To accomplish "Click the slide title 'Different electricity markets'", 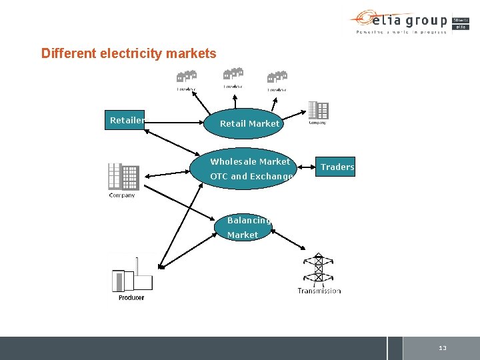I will click(129, 53).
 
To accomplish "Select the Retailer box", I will click(127, 121).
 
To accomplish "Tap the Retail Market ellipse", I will click(249, 123).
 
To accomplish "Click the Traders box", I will click(337, 167).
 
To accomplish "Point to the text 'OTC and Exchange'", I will click(251, 177).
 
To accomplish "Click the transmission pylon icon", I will click(319, 269).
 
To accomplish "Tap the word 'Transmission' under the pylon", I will click(319, 291).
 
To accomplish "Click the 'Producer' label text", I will click(131, 298).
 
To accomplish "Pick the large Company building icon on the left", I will click(123, 177).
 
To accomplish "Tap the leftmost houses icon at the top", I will click(187, 77).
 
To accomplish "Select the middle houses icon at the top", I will click(233, 76).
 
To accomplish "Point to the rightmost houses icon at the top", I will click(277, 78).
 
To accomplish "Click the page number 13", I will click(443, 349).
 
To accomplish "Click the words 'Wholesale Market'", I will click(250, 162).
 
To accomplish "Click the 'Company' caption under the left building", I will click(122, 195).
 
